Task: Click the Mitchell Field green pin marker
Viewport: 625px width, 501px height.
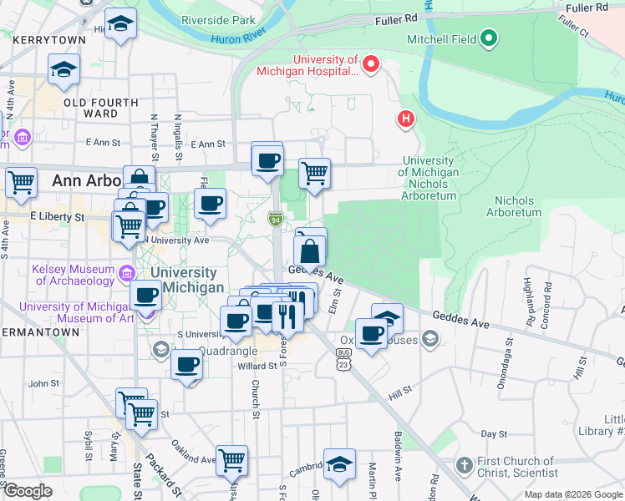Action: tap(490, 38)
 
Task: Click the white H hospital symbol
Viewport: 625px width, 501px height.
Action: tap(406, 119)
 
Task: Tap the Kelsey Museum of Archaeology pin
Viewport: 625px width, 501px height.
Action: tap(127, 272)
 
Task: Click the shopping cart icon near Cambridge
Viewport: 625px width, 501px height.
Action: tap(231, 458)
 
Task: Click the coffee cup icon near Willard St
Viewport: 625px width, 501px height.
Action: tap(187, 363)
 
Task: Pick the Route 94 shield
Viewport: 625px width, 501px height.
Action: tap(274, 219)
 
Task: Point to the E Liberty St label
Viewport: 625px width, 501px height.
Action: tap(58, 217)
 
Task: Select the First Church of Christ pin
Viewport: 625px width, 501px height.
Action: tap(465, 464)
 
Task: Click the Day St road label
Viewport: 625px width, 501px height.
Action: tap(494, 434)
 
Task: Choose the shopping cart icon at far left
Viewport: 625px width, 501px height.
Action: tap(21, 181)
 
